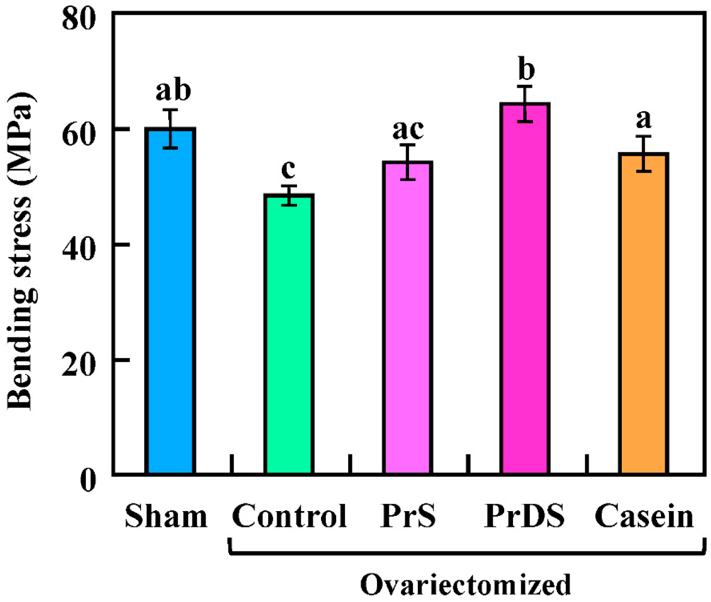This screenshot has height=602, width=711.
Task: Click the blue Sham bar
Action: [170, 301]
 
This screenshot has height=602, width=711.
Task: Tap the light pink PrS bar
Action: [407, 318]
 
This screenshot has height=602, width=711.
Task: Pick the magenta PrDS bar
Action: [525, 289]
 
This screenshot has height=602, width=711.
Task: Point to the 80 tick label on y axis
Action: [78, 20]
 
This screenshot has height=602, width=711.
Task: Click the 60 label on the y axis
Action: [78, 136]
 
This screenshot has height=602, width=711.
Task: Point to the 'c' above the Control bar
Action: [288, 169]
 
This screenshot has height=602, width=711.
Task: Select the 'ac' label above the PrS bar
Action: [408, 130]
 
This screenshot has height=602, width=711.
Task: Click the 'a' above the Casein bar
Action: [644, 119]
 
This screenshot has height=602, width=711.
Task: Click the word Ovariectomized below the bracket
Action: [466, 584]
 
